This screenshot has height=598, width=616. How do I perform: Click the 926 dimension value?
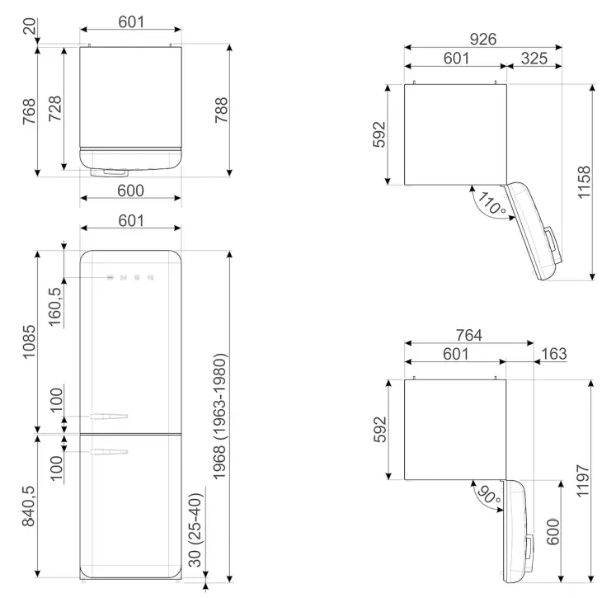[x=484, y=39]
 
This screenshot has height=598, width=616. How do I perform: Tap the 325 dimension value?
[x=534, y=59]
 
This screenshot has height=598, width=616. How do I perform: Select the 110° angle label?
[x=491, y=203]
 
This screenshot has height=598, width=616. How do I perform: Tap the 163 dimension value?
[x=554, y=355]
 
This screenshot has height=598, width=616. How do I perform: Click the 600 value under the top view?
[x=130, y=191]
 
